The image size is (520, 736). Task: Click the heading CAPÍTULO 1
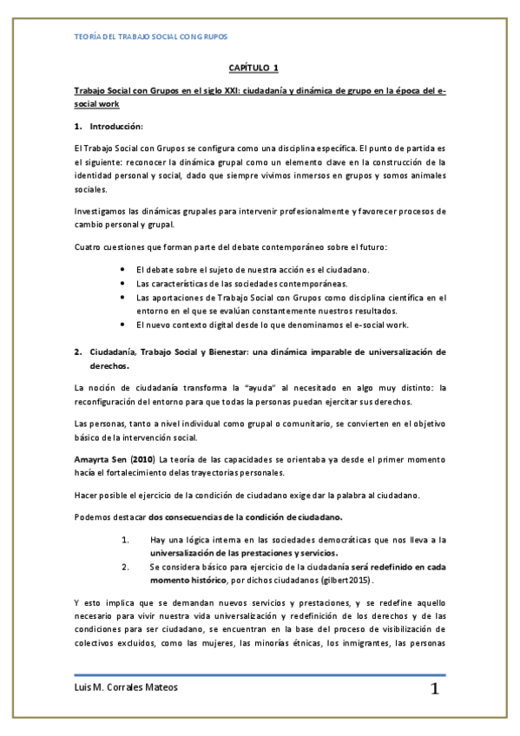pyautogui.click(x=253, y=67)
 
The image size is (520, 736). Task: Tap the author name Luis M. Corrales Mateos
pyautogui.click(x=128, y=687)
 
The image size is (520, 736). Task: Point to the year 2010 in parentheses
pyautogui.click(x=145, y=458)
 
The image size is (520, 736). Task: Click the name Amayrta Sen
pyautogui.click(x=102, y=458)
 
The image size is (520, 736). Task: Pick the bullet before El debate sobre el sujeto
pyautogui.click(x=127, y=270)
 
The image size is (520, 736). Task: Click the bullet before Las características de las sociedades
pyautogui.click(x=127, y=284)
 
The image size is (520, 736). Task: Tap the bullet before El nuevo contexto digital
pyautogui.click(x=127, y=325)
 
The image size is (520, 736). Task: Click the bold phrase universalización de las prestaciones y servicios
pyautogui.click(x=244, y=552)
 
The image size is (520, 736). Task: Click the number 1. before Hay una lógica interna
pyautogui.click(x=127, y=539)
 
